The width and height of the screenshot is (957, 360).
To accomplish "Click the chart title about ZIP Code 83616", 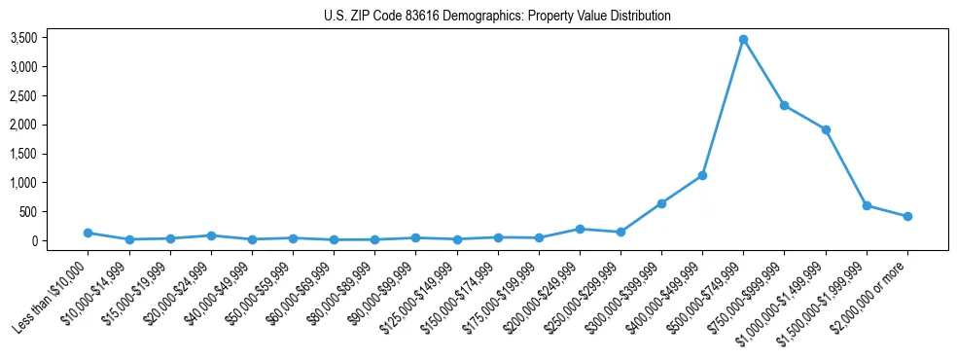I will click(497, 16).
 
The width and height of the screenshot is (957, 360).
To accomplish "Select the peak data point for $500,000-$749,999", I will click(743, 40).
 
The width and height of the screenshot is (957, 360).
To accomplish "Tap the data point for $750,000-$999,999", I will click(784, 105).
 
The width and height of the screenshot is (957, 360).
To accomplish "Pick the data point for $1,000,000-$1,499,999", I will click(826, 129).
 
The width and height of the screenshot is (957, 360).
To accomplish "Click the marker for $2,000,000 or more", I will click(907, 216).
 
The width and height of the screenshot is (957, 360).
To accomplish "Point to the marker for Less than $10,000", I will click(89, 233).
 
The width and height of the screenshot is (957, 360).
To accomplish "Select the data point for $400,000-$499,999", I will click(702, 175).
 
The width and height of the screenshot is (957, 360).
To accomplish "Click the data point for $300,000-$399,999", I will click(661, 203).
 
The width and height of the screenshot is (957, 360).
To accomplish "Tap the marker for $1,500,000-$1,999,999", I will click(867, 205).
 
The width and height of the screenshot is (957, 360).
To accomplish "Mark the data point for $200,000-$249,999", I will click(580, 229).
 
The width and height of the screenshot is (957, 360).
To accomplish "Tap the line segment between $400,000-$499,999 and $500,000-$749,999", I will click(723, 107).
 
